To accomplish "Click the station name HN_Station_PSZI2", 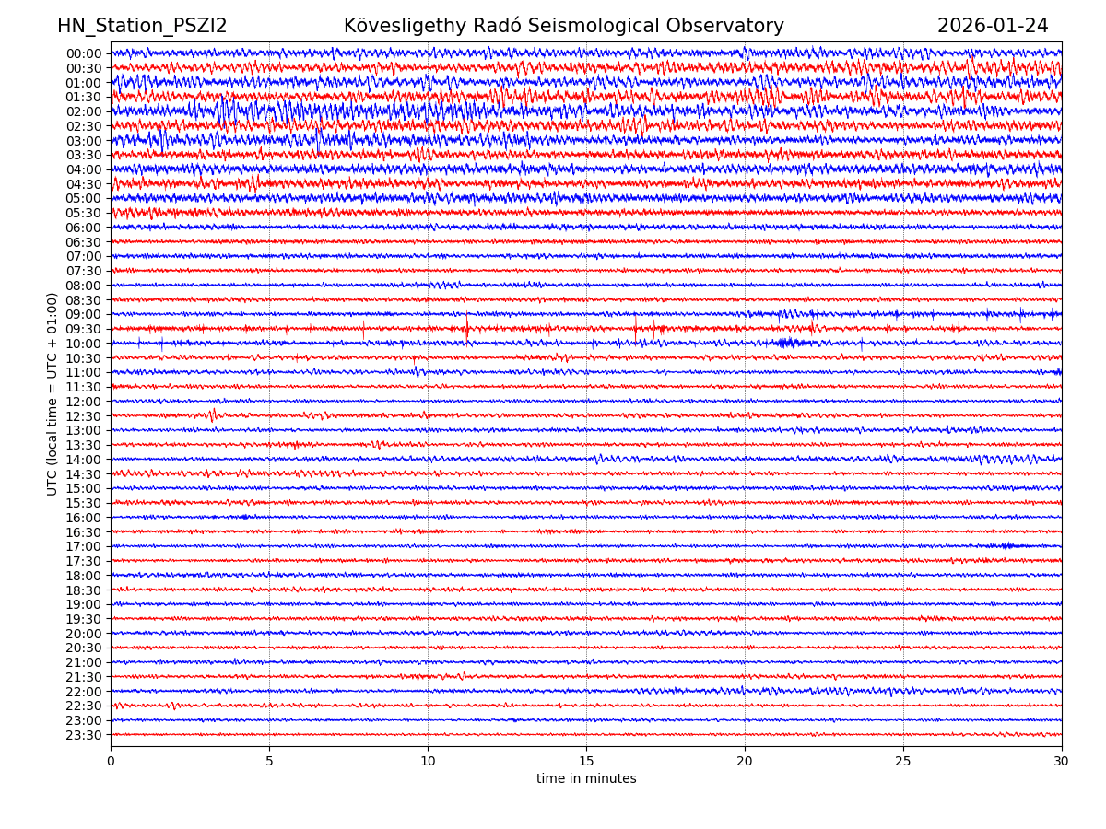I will (142, 27).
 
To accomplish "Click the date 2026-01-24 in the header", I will (993, 27).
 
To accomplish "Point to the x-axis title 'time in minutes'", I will (586, 779).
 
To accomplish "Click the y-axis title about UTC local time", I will (53, 394).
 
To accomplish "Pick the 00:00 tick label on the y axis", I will (84, 53).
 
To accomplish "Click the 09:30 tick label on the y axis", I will (84, 329).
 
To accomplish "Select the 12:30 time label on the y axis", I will (84, 416).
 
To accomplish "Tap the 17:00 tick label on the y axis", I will (84, 546).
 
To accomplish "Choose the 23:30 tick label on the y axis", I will (84, 735).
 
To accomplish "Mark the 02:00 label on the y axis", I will (84, 111).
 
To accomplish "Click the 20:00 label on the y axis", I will (84, 634).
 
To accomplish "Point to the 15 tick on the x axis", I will (586, 762).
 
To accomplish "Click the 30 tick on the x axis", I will (1062, 762).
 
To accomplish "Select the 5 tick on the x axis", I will (269, 762).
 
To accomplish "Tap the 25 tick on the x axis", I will (903, 762).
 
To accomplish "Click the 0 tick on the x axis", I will (111, 762).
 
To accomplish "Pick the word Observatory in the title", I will (730, 27).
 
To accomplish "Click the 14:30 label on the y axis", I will (84, 474).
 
